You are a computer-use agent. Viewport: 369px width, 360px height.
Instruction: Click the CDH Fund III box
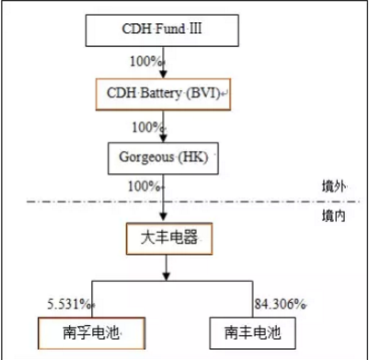point(163,30)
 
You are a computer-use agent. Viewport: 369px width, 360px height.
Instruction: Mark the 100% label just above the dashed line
point(145,186)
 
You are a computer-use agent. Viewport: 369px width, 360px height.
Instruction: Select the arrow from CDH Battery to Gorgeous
point(164,126)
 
